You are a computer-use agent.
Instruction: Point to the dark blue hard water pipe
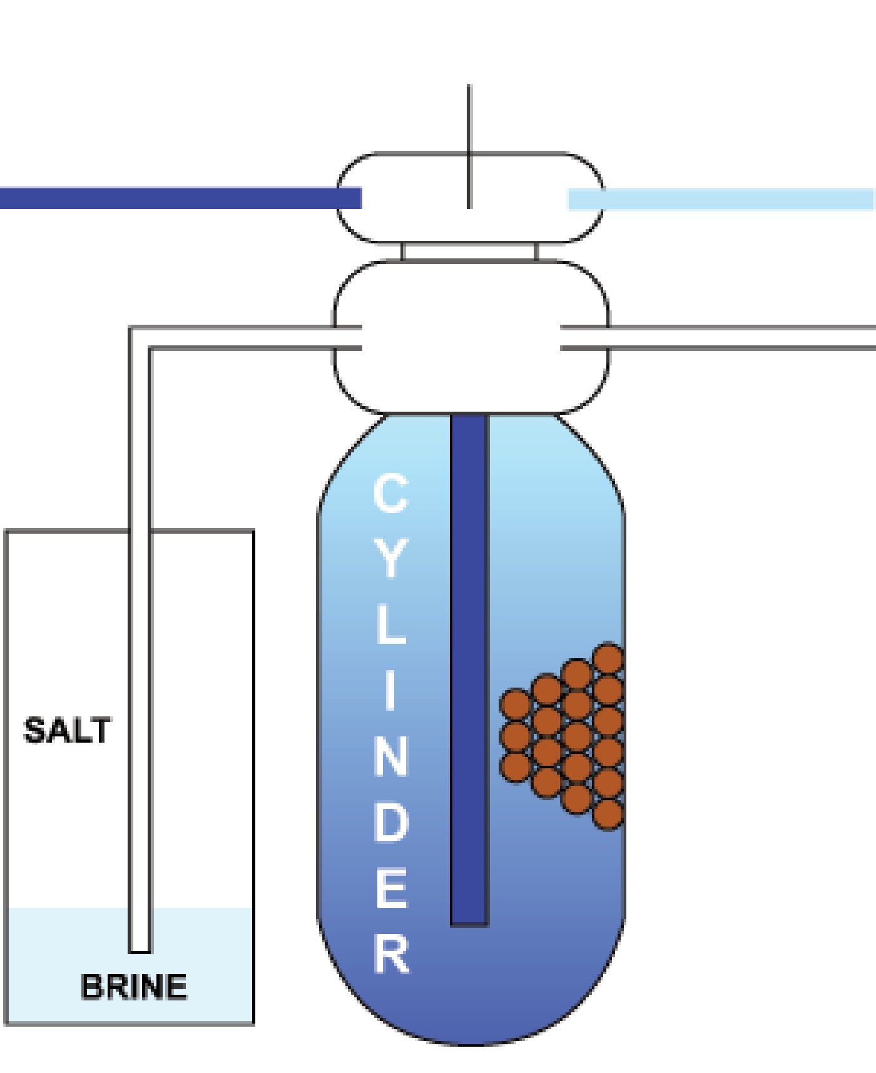175,197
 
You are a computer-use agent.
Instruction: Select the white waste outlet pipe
720,337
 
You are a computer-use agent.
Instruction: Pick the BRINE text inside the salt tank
134,987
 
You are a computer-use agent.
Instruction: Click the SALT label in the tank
67,730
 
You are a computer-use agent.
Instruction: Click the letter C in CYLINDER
391,494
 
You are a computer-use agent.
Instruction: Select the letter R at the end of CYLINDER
392,955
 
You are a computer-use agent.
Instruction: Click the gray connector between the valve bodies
469,252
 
